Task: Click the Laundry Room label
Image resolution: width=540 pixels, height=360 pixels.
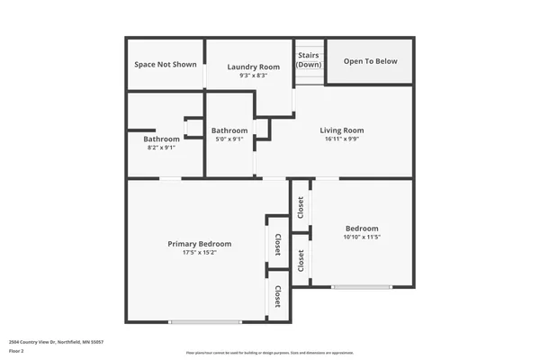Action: pos(253,67)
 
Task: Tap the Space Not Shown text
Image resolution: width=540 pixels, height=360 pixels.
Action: pos(166,65)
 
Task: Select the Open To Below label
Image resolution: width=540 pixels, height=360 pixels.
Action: pos(370,61)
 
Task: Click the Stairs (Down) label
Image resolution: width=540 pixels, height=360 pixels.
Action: pos(309,59)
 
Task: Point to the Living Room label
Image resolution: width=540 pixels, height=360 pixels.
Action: pos(342,130)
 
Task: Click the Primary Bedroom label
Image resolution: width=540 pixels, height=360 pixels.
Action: pos(200,244)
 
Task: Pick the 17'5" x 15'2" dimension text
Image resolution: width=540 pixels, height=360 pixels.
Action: pos(200,253)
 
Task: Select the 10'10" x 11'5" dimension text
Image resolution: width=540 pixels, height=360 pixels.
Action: pos(362,238)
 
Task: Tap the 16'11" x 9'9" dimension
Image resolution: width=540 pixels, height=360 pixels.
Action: pos(342,139)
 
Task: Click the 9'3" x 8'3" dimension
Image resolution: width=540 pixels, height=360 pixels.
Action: pos(253,76)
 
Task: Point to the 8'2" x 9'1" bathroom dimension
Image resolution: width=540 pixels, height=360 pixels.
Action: pos(161,148)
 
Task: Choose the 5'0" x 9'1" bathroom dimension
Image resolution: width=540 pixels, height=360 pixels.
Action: pos(229,139)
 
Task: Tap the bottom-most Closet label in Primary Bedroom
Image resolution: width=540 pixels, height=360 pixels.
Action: pos(278,296)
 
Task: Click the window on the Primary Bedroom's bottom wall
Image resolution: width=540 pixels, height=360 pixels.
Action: pos(205,321)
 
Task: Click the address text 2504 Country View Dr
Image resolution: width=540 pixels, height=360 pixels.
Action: pos(56,342)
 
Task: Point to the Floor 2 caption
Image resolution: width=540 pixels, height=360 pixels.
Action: pos(16,352)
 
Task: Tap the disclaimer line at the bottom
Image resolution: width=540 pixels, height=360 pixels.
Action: pos(270,353)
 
